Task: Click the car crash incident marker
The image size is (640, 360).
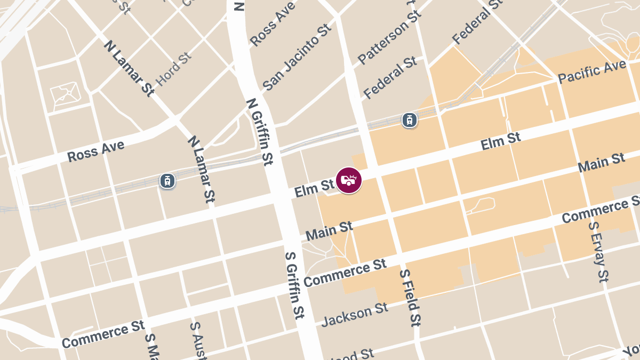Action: pos(349,180)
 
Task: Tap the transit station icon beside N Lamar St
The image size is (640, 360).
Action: pos(167,181)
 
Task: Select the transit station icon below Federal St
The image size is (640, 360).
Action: pos(409,120)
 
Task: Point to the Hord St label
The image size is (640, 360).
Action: pos(173,69)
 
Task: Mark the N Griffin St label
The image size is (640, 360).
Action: pos(260,131)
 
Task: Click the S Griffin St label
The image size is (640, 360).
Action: pos(294,285)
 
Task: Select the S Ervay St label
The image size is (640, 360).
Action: pos(598,251)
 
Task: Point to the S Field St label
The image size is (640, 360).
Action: pos(410,297)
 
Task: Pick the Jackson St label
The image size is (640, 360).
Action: pos(355,314)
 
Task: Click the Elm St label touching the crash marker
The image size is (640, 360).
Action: pos(314,188)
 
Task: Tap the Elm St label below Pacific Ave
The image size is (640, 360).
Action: pos(500,142)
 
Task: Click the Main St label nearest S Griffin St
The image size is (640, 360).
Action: pos(329,231)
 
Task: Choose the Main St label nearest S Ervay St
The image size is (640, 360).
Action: pos(601,162)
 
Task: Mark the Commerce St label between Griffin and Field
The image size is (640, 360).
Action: pos(345,273)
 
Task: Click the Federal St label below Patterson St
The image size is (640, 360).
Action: pos(390,77)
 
